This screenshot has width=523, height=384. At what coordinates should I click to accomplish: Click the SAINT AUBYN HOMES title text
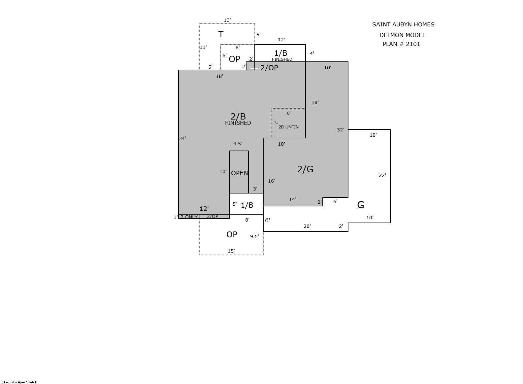click(x=403, y=24)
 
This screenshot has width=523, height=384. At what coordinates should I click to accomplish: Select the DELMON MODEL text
click(x=402, y=35)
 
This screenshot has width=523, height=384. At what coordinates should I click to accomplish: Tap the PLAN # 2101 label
click(x=401, y=44)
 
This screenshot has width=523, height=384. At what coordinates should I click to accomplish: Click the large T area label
click(x=221, y=34)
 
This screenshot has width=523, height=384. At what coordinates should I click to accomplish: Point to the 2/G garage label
click(x=305, y=169)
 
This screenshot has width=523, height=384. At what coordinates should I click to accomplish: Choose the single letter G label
click(x=361, y=205)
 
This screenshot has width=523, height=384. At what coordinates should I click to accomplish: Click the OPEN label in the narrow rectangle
click(x=239, y=173)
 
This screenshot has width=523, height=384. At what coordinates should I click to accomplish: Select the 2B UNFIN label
click(x=288, y=127)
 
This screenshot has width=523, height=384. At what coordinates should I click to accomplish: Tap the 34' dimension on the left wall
click(x=182, y=138)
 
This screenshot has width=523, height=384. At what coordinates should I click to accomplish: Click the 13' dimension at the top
click(x=227, y=20)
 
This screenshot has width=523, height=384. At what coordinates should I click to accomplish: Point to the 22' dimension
click(x=382, y=175)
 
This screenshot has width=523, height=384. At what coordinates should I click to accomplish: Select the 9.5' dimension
click(x=254, y=236)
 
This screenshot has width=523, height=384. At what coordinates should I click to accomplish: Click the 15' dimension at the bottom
click(x=231, y=251)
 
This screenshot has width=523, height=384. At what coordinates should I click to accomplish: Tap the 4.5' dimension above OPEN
click(x=238, y=144)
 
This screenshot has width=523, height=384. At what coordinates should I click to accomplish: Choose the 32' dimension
click(x=340, y=130)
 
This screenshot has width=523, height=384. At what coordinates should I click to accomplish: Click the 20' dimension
click(x=307, y=226)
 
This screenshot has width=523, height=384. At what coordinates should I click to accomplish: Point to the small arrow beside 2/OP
click(x=255, y=68)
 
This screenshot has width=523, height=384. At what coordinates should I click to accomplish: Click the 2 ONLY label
click(x=189, y=217)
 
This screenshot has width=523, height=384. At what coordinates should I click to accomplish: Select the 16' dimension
click(x=271, y=181)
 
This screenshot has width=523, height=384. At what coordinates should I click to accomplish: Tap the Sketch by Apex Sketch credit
click(x=19, y=382)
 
